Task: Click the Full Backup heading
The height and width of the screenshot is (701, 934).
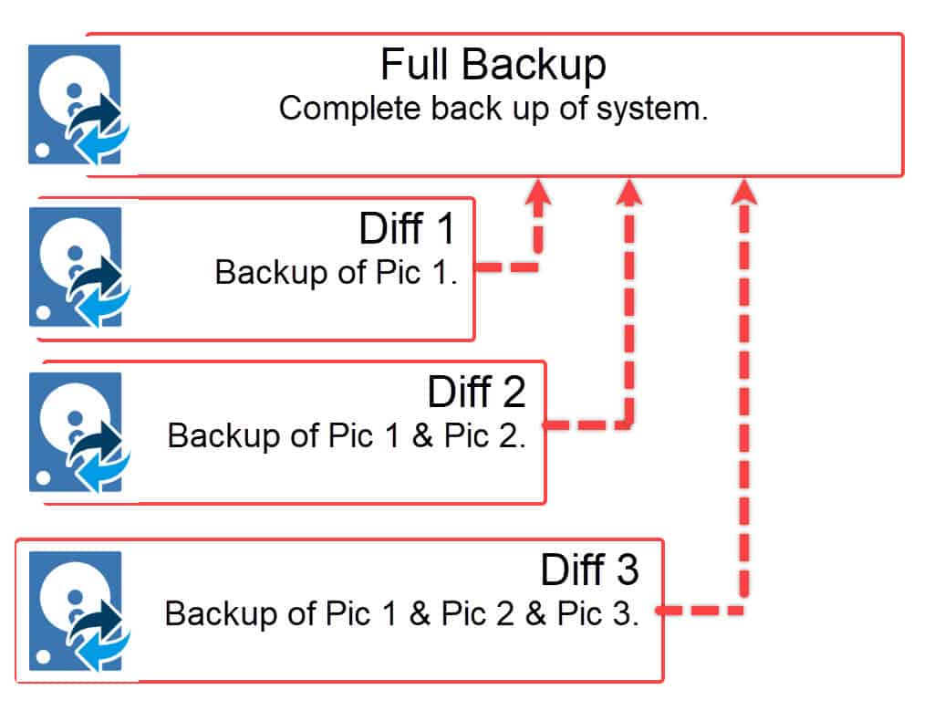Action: point(493,65)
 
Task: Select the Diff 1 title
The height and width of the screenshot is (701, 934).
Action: point(407,229)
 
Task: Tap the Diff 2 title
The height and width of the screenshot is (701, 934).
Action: point(477,392)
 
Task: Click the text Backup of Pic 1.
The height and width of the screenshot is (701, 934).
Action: point(336,272)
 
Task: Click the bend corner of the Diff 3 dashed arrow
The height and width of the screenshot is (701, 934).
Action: point(744,609)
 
